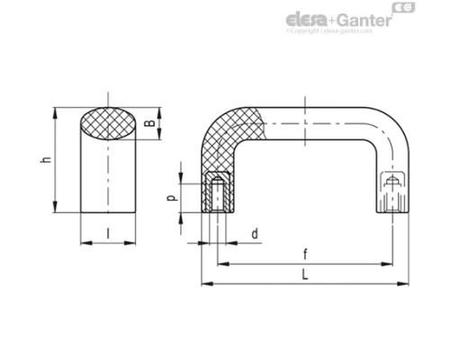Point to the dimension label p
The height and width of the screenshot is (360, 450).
(x=172, y=195)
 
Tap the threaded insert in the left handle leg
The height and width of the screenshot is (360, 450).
(x=216, y=191)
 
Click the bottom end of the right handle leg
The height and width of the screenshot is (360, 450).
(x=392, y=210)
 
